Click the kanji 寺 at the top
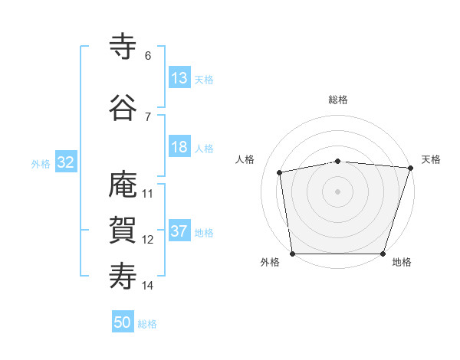tap(123, 46)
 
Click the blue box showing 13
tap(179, 78)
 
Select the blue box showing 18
tap(179, 147)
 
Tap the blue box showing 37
tap(179, 232)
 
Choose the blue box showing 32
tap(65, 162)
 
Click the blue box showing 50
tap(123, 322)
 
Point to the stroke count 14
tap(148, 286)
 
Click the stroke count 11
tap(148, 193)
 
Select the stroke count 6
tap(147, 55)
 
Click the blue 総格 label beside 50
tap(147, 324)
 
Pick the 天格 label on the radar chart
tap(431, 159)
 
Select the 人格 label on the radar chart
tap(245, 159)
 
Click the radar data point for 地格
tap(383, 254)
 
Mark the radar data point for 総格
tap(337, 161)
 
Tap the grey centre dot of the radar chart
tap(337, 191)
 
